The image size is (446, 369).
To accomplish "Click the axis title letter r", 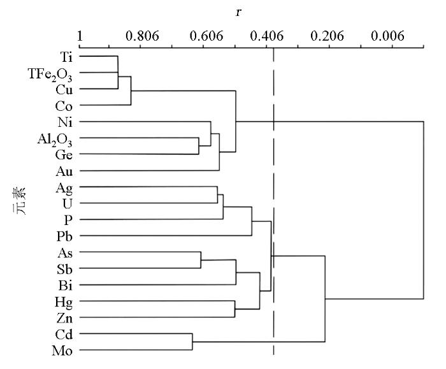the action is [x=238, y=12].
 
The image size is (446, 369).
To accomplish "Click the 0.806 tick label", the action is [x=142, y=36].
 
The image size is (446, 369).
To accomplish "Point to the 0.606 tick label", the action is [x=206, y=36].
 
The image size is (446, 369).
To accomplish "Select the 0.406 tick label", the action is [x=267, y=36].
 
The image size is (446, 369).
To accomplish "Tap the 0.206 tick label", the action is [x=327, y=36].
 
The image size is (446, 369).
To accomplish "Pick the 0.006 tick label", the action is [x=387, y=36].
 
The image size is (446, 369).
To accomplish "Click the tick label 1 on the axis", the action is [x=80, y=36].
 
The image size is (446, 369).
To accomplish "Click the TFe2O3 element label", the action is [x=50, y=75].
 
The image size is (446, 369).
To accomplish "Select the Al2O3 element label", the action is [x=55, y=140].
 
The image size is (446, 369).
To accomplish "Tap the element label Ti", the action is [x=66, y=57].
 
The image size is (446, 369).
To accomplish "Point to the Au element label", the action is [x=64, y=171].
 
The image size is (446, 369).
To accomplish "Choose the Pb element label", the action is [x=64, y=236].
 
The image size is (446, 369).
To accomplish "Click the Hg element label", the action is [x=64, y=302].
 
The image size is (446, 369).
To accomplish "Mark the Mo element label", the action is [x=62, y=351].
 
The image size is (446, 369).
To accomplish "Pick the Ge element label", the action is [x=64, y=155].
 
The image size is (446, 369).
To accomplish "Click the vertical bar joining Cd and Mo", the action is [x=192, y=342].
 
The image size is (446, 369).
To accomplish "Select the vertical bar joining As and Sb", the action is [x=201, y=260].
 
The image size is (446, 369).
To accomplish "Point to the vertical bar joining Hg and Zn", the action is [x=234, y=309].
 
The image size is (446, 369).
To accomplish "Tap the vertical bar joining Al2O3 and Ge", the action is [x=199, y=146].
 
